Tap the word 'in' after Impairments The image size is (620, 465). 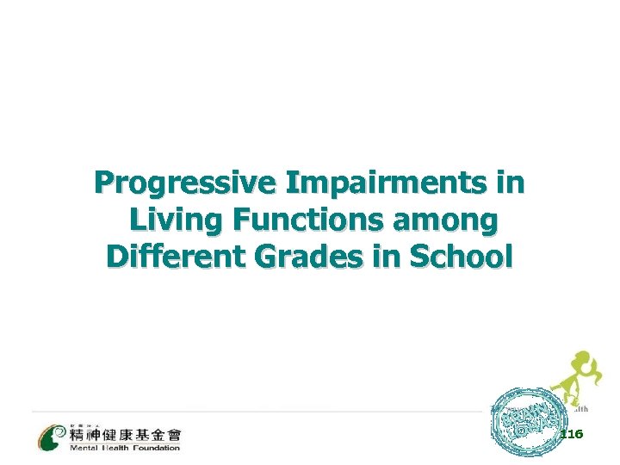[x=510, y=184]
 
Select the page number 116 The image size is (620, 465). [x=571, y=435]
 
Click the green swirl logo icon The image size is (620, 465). [x=51, y=436]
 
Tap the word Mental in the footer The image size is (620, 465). [x=84, y=448]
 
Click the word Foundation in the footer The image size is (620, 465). [x=155, y=448]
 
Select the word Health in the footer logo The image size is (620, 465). [x=116, y=448]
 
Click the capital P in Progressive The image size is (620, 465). [x=104, y=184]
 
